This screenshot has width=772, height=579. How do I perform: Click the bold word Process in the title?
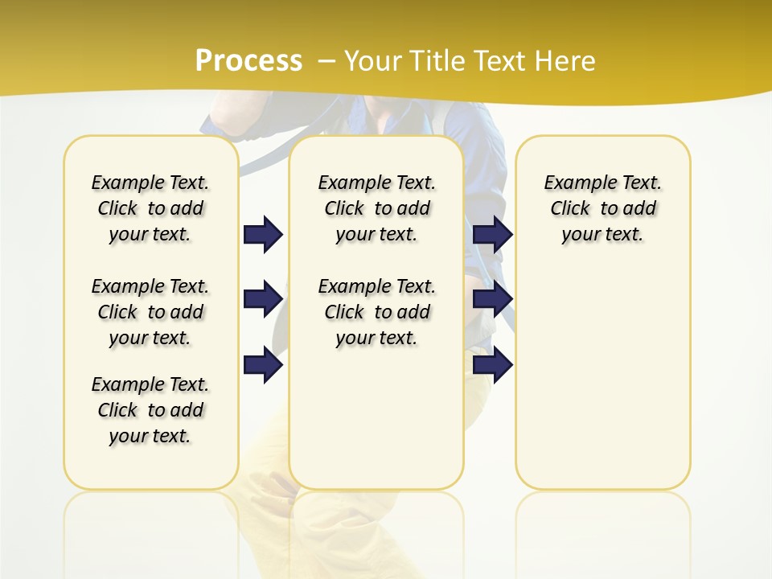[248, 60]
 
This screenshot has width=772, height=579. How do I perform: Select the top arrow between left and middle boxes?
[263, 234]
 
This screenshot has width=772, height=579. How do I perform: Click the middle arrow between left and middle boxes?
[263, 299]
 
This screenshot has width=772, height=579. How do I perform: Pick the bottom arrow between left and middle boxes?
[263, 364]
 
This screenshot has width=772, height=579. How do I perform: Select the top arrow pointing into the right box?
[493, 234]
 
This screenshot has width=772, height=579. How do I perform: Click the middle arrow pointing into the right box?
[493, 299]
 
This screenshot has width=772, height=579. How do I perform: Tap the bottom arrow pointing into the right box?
[493, 364]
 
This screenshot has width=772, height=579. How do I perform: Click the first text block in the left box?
[150, 208]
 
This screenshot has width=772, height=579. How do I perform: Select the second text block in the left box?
[150, 312]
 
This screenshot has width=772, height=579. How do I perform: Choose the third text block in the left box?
[150, 410]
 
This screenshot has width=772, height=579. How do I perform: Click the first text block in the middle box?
[376, 208]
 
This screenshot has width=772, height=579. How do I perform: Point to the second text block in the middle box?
[376, 312]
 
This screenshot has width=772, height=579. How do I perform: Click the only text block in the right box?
[602, 208]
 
